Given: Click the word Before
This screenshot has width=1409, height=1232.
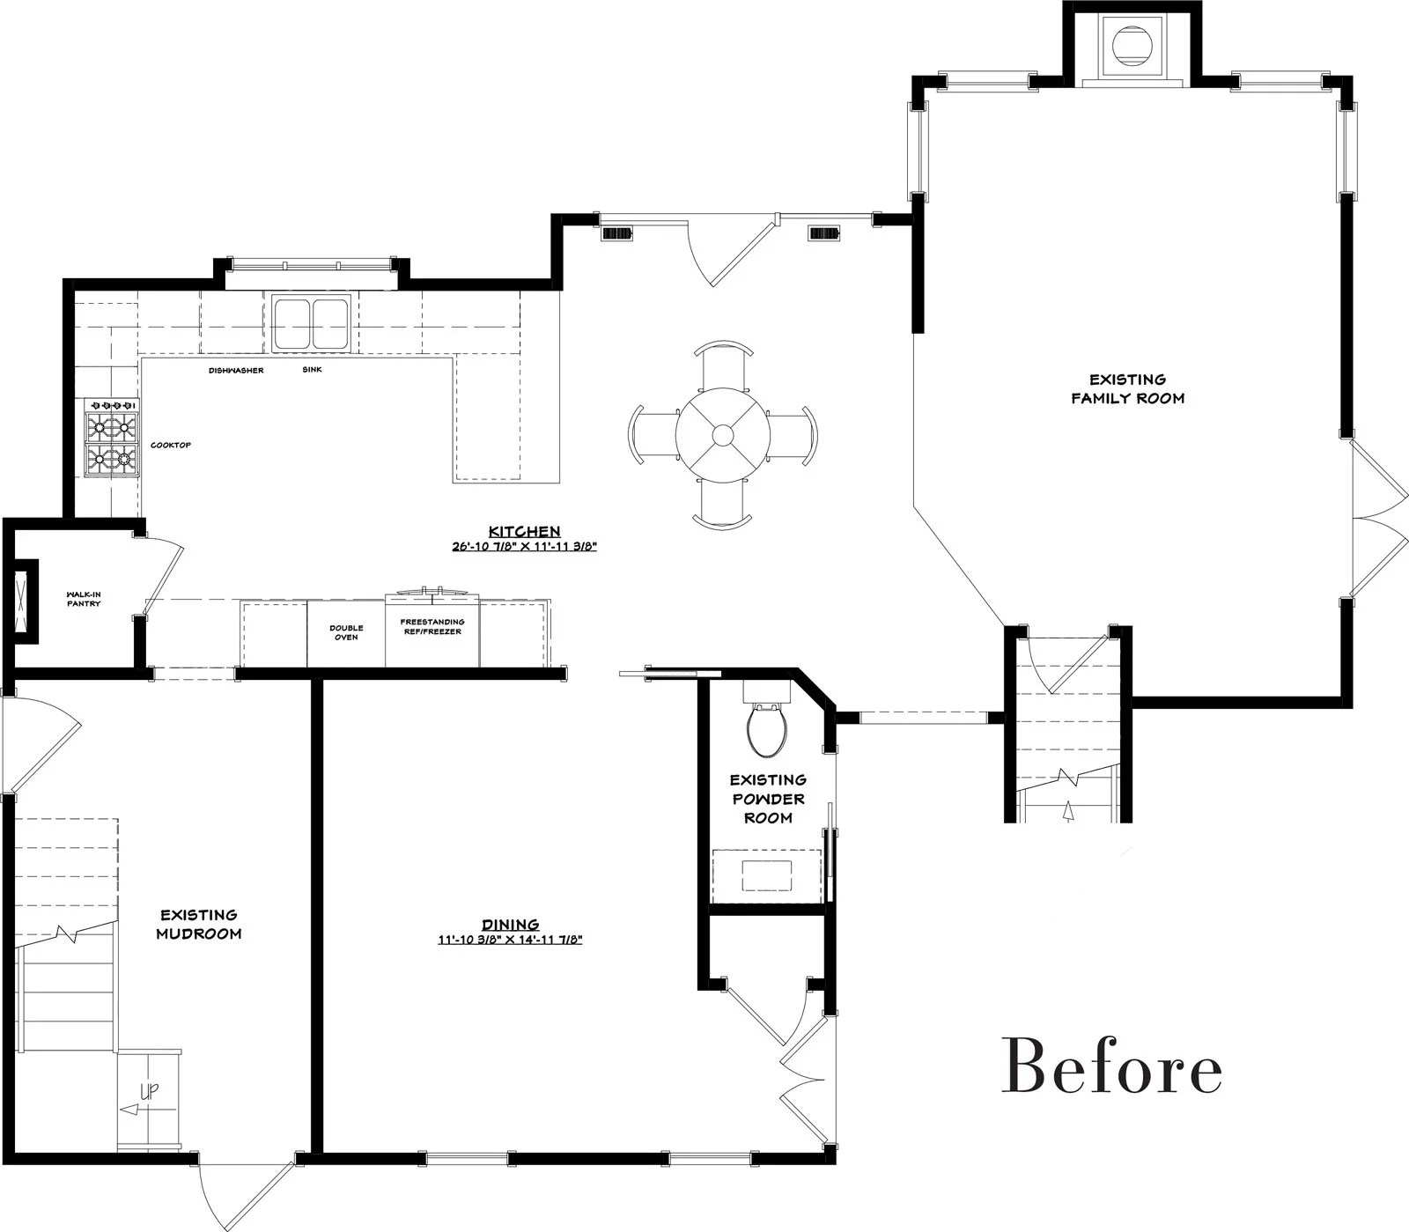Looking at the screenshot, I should [1111, 1067].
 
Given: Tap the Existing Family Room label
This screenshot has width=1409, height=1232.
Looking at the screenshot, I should [1127, 388].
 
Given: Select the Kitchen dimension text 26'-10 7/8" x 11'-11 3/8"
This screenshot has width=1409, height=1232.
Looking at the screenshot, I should [525, 547].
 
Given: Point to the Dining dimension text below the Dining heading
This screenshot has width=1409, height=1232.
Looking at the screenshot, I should [511, 940].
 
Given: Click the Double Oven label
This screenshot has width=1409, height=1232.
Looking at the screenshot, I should [346, 632].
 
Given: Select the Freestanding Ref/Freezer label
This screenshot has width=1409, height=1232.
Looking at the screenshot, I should [432, 627].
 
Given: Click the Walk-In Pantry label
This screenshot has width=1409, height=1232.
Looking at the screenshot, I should [84, 599].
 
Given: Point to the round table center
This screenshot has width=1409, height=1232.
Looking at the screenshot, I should [723, 434].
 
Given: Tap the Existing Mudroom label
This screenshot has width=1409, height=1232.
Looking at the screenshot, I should [198, 925].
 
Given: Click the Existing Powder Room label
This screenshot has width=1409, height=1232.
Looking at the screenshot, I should [768, 799].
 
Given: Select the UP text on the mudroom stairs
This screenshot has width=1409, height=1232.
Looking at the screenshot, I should [150, 1093].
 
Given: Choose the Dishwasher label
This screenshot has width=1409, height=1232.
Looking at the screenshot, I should [236, 371].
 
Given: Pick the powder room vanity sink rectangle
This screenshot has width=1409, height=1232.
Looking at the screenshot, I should [766, 875].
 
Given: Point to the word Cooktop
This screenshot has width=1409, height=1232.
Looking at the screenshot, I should [171, 446].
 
